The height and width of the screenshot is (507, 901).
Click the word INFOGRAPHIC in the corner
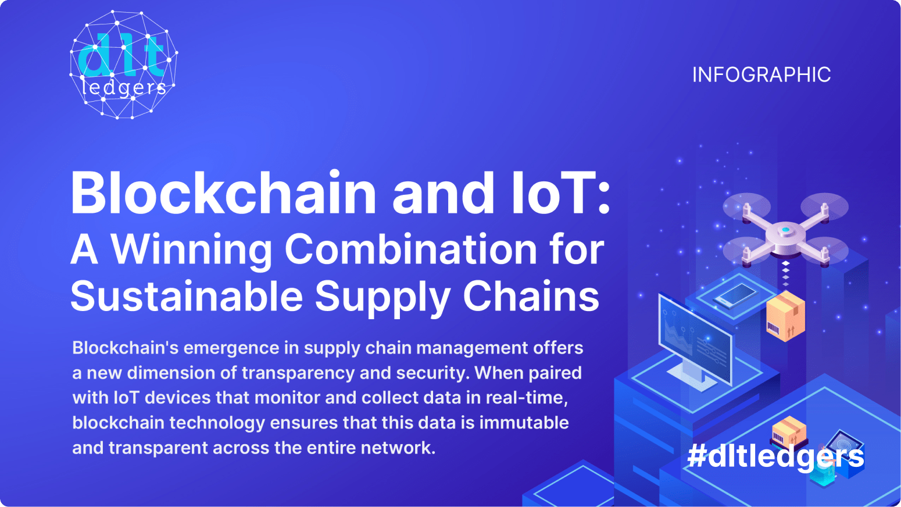761,75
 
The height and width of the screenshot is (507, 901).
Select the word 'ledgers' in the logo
124,88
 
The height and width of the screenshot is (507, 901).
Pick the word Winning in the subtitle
191,250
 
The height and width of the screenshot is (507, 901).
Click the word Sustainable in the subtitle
187,297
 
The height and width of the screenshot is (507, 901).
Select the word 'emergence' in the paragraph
231,348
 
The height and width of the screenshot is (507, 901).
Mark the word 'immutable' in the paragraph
524,423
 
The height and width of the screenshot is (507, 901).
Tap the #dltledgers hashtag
775,456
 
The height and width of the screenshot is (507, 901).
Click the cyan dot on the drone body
785,230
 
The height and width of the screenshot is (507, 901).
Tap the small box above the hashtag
789,431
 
